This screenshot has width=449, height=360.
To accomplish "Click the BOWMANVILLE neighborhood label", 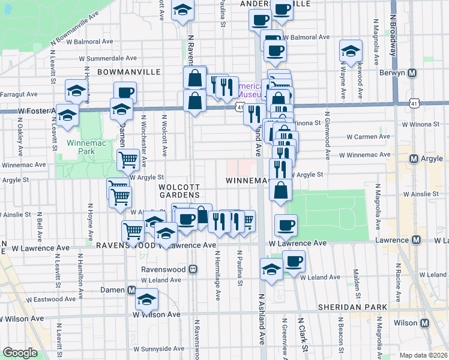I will [128, 71].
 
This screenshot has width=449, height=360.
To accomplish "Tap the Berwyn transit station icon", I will [412, 73].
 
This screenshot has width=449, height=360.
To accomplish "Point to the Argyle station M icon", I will [414, 158].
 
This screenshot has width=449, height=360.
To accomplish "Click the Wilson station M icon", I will [425, 323].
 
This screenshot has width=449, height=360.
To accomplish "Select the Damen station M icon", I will [131, 290].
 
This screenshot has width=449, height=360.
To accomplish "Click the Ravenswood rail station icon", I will [193, 269].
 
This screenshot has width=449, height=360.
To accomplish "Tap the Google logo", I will [20, 353].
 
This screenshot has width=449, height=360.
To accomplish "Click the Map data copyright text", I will [424, 355].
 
